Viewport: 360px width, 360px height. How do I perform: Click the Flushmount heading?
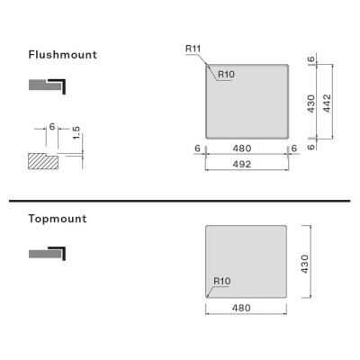pos(63,55)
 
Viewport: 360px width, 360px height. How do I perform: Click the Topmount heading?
pos(58,219)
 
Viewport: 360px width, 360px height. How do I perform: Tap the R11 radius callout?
pos(193,49)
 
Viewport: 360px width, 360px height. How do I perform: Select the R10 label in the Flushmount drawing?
pos(226,74)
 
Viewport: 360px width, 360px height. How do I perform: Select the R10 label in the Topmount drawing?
pos(222,281)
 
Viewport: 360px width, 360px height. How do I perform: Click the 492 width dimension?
pos(242,164)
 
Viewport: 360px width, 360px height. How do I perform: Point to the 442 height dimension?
pos(327,103)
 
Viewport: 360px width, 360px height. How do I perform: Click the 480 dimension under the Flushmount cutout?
pos(242,148)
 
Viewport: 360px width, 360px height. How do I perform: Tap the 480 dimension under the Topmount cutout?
pos(241,308)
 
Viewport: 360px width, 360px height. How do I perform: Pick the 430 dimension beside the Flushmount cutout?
pos(311,103)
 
